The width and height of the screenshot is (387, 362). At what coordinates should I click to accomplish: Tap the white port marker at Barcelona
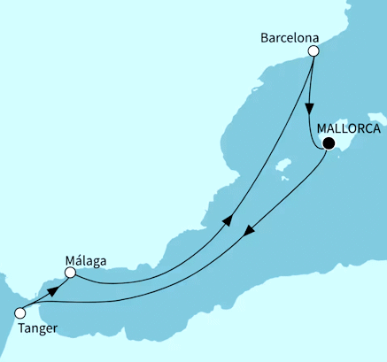[x=313, y=51]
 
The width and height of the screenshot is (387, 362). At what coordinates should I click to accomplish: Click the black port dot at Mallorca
[x=329, y=143]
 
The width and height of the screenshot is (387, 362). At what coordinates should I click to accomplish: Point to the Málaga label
[x=86, y=260]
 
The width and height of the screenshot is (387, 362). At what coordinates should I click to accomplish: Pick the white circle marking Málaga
[x=71, y=274]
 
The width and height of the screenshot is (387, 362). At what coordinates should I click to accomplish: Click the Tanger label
[x=37, y=328]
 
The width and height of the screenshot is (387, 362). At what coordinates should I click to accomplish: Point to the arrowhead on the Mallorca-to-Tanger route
[x=251, y=231]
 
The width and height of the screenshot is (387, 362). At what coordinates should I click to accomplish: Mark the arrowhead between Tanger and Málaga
[x=53, y=289]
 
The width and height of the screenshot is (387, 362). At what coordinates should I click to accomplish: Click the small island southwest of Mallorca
[x=284, y=165]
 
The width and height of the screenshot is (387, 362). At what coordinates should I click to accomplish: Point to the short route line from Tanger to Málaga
[x=40, y=297]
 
